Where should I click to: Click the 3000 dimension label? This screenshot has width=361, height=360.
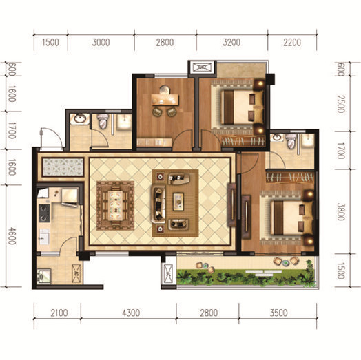[x=101, y=43]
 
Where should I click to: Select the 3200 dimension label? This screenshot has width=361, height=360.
[x=231, y=43]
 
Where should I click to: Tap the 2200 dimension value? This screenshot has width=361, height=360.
[x=292, y=43]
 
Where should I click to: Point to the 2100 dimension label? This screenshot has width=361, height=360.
[x=59, y=313]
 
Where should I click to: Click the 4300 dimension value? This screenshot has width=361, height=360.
[x=131, y=313]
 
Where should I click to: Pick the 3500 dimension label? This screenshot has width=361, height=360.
[x=278, y=313]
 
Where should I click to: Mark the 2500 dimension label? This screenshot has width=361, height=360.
[x=341, y=104]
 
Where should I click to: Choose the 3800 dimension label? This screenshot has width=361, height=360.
[x=341, y=211]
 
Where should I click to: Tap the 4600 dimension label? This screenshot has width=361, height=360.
[x=12, y=236]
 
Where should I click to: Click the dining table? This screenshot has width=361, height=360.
[x=115, y=205]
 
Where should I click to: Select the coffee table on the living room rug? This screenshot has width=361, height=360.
[x=178, y=202]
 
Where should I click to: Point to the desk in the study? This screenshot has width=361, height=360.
[x=165, y=99]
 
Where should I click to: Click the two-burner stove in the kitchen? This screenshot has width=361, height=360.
[x=44, y=213]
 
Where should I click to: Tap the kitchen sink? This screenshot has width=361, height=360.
[x=44, y=237]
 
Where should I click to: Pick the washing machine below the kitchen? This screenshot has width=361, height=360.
[x=43, y=275]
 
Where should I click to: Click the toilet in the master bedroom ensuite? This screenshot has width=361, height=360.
[x=291, y=142]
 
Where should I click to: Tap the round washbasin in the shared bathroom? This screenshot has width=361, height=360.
[x=80, y=118]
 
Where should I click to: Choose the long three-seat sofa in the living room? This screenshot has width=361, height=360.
[x=158, y=204]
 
